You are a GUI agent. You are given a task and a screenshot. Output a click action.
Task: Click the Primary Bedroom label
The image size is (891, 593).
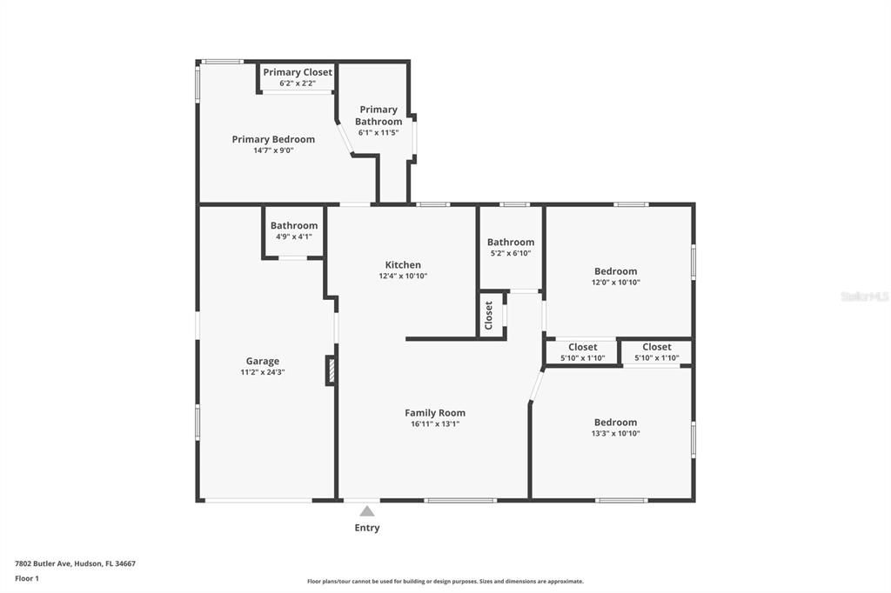(x=273, y=139)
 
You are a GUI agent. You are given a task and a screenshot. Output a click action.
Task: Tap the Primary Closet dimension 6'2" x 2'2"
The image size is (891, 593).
(x=298, y=83)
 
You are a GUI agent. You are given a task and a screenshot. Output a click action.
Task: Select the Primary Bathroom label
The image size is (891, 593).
(x=379, y=116)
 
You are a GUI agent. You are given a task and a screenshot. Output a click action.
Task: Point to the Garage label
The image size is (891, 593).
(x=262, y=361)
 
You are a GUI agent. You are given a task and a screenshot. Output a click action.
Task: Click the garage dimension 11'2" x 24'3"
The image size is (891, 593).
(x=262, y=372)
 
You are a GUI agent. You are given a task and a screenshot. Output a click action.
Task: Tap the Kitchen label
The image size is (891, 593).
(x=403, y=264)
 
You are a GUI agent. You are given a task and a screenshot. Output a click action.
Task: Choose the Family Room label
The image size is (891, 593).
(x=435, y=413)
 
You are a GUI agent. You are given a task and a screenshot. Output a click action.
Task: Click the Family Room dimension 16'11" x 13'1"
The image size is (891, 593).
(x=435, y=424)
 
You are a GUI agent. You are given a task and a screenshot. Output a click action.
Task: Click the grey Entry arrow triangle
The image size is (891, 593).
(x=367, y=511)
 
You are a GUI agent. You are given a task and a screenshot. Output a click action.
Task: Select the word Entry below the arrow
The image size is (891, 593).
(x=367, y=528)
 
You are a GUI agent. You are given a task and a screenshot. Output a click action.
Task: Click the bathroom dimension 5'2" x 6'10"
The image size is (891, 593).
(x=511, y=254)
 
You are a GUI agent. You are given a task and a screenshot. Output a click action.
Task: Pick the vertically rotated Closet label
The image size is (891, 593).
(x=489, y=315)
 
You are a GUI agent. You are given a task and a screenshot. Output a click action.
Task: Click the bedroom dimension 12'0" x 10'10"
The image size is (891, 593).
(x=616, y=283)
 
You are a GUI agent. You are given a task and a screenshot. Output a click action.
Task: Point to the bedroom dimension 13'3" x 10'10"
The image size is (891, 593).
(x=616, y=433)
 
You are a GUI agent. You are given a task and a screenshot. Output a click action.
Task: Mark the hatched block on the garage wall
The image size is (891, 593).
(x=331, y=370)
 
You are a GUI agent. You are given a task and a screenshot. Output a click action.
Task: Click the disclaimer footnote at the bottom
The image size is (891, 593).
(x=445, y=582)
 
